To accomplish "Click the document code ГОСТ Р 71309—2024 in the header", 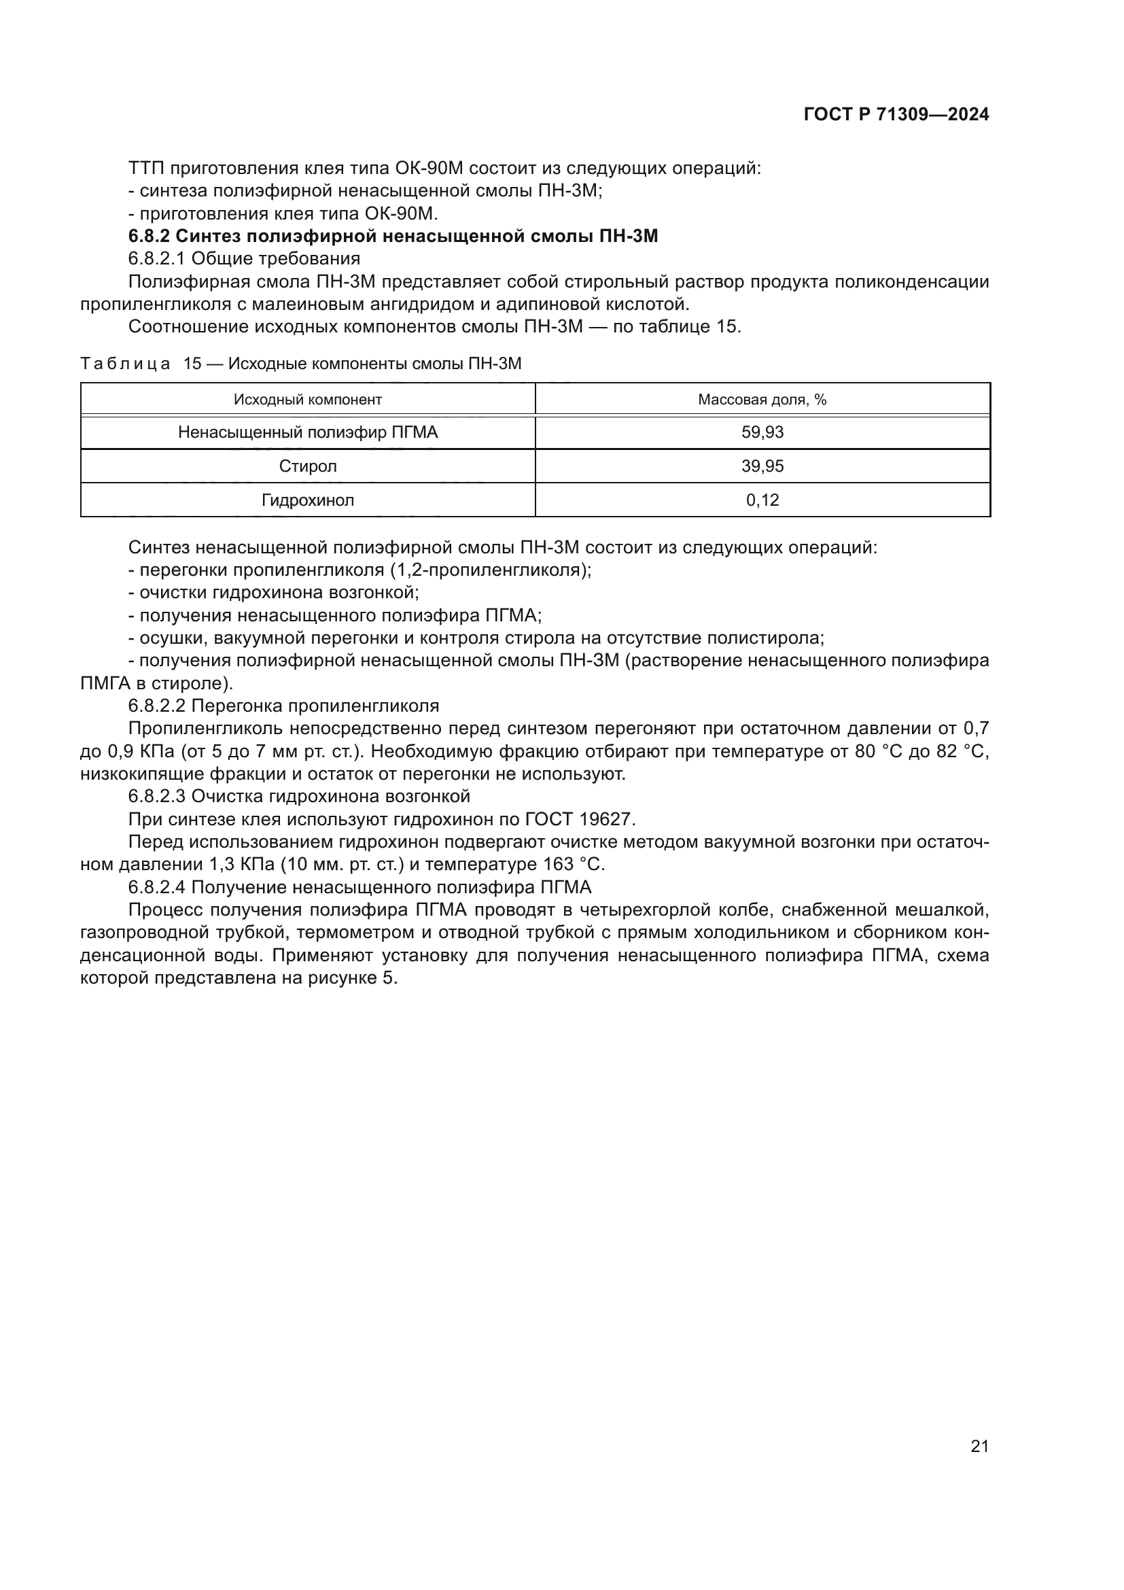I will [896, 115].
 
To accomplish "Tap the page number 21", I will [979, 1446].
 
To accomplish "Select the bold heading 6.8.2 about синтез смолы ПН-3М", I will [392, 236].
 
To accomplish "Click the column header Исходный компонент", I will [307, 400].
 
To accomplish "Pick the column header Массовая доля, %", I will [762, 400].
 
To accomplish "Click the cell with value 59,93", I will [762, 433].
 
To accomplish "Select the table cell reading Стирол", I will [307, 467].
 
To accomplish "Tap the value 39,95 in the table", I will [762, 467].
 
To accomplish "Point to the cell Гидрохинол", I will [307, 501].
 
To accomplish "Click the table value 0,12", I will [762, 501].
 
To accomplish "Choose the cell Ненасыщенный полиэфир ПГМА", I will [307, 433].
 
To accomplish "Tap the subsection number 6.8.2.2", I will [156, 706].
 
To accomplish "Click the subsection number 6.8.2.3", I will [156, 797].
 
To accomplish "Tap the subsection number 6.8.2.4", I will [156, 887].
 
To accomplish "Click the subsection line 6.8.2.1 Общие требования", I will [245, 259].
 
